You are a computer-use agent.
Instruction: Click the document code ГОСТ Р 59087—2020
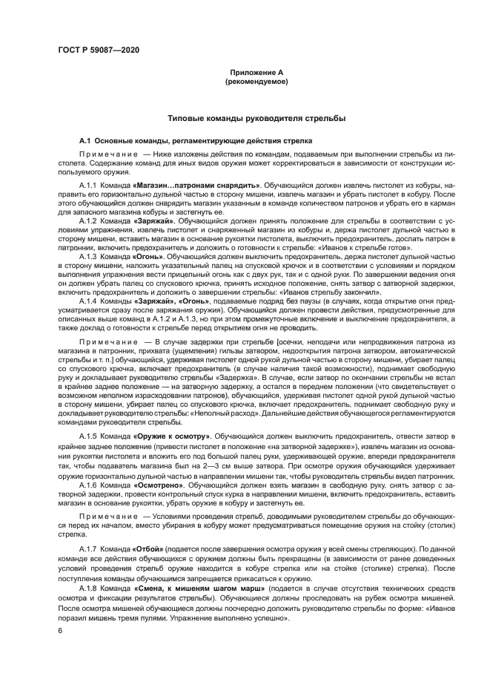pyautogui.click(x=97, y=50)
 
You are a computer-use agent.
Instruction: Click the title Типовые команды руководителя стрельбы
pyautogui.click(x=256, y=118)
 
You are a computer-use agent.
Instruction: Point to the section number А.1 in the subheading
pyautogui.click(x=85, y=141)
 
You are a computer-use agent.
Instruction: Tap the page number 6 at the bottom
pyautogui.click(x=59, y=630)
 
